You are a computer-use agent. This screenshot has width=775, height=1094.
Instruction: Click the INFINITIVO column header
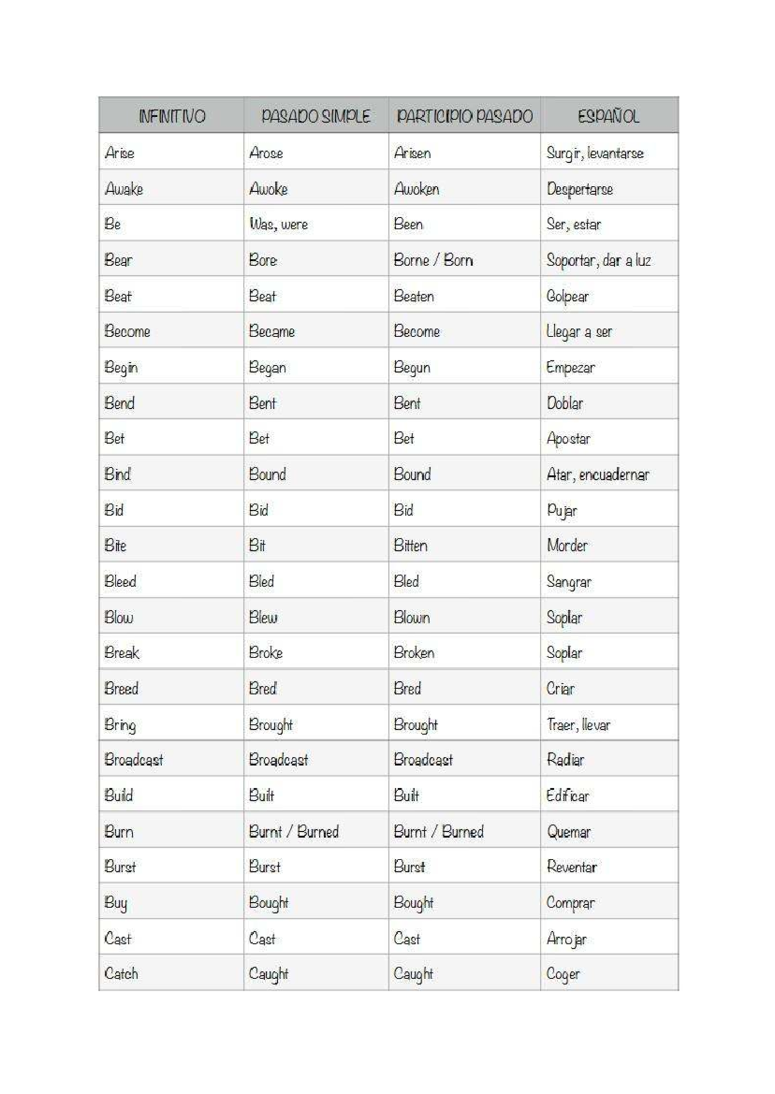click(172, 116)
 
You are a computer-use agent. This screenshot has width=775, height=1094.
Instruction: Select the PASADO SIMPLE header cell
click(316, 116)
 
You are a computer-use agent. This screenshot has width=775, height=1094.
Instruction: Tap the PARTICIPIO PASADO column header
click(464, 116)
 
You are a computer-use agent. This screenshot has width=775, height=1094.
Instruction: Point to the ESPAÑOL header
click(608, 116)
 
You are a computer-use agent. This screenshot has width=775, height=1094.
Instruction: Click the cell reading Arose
click(266, 153)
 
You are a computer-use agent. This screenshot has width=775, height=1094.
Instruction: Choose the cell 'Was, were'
click(278, 224)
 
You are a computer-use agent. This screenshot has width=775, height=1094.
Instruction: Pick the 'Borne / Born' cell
click(433, 260)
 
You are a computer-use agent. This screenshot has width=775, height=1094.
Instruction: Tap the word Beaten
click(414, 296)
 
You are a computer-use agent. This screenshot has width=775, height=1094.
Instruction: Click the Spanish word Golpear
click(568, 296)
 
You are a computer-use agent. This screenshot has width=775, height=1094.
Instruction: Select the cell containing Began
click(267, 367)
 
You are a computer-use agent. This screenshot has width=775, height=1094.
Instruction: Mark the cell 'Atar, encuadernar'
click(597, 475)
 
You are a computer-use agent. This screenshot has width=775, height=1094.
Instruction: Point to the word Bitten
click(411, 546)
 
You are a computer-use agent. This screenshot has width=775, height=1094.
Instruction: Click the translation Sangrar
click(569, 582)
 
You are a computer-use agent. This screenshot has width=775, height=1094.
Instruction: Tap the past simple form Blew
click(263, 617)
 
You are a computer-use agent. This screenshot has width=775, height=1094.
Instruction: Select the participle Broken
click(414, 653)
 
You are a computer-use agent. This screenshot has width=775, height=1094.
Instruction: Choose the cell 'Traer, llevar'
click(578, 725)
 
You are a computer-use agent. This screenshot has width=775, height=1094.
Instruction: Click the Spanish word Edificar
click(568, 796)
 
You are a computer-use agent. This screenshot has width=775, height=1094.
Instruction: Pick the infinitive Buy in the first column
click(116, 903)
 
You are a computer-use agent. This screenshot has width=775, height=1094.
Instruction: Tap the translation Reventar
click(572, 867)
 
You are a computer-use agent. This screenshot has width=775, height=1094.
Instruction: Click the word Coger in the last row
click(563, 974)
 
